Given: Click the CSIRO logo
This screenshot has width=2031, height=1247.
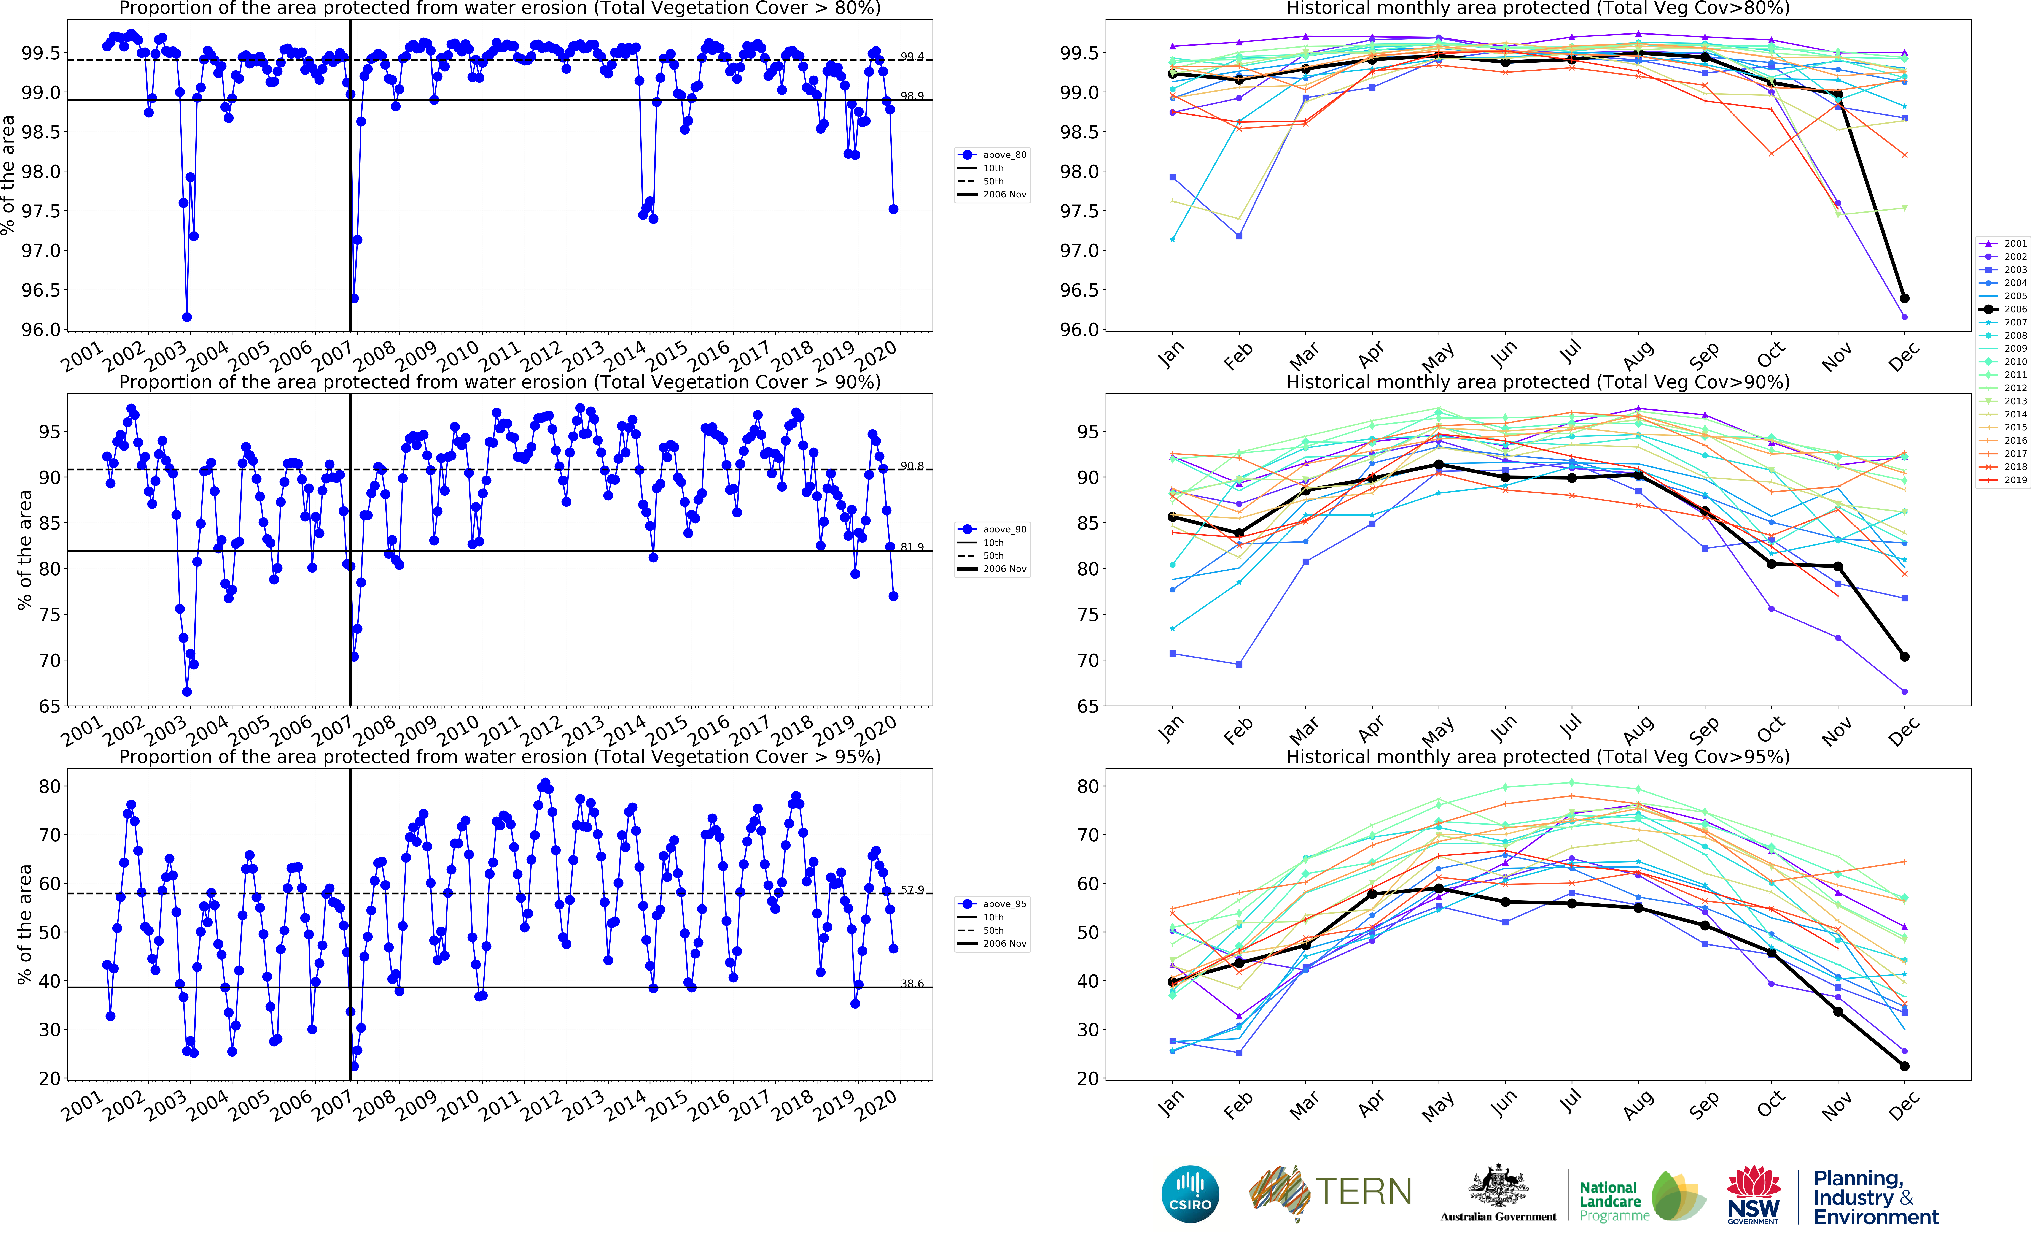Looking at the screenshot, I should (x=1190, y=1193).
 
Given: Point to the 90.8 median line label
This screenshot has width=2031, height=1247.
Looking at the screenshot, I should (x=912, y=466).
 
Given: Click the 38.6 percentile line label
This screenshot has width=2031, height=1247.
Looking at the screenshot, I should (x=912, y=983).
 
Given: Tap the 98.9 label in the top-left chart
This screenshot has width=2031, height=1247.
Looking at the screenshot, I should (x=912, y=96).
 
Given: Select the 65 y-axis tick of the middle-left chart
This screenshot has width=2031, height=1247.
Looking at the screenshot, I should (x=49, y=706).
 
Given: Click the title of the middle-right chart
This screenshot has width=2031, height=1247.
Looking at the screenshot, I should (x=1538, y=382).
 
